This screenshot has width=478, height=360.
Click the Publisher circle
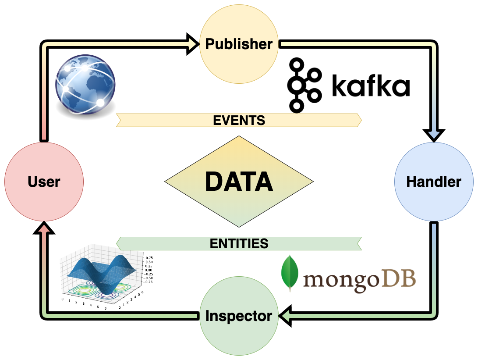239,44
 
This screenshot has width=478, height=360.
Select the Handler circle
434,181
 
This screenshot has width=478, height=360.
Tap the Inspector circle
239,316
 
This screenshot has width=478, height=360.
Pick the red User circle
44,181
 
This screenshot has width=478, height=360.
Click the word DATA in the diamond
239,182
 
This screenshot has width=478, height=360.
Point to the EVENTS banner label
239,120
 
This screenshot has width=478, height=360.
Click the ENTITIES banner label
239,243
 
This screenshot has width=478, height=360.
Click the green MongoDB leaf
290,273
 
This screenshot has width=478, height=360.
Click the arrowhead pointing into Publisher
193,44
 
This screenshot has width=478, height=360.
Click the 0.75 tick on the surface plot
149,258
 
